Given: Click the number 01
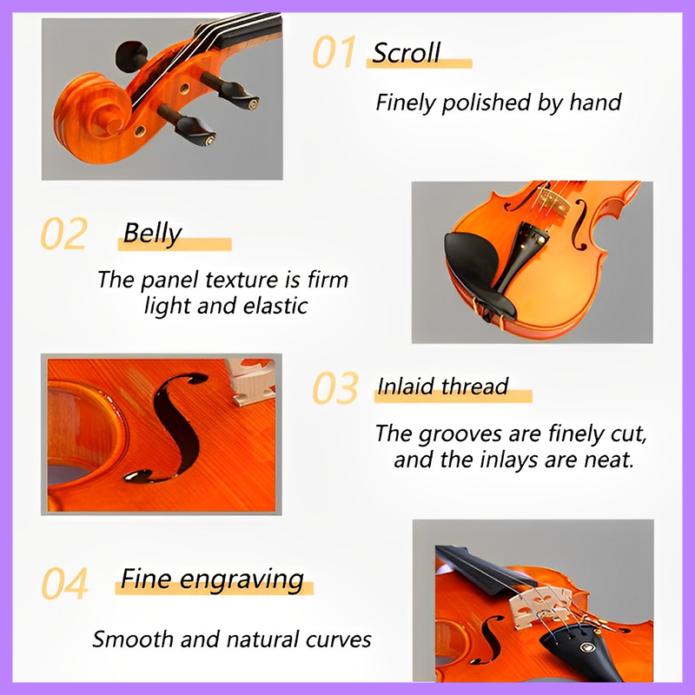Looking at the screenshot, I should (x=334, y=53).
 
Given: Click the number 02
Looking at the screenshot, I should (x=63, y=235).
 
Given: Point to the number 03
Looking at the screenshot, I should (x=335, y=388).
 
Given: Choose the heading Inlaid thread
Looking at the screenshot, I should (x=442, y=386).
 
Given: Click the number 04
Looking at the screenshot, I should (x=65, y=584).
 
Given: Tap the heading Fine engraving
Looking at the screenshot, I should (x=212, y=579).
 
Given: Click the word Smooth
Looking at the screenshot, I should (x=128, y=640).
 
